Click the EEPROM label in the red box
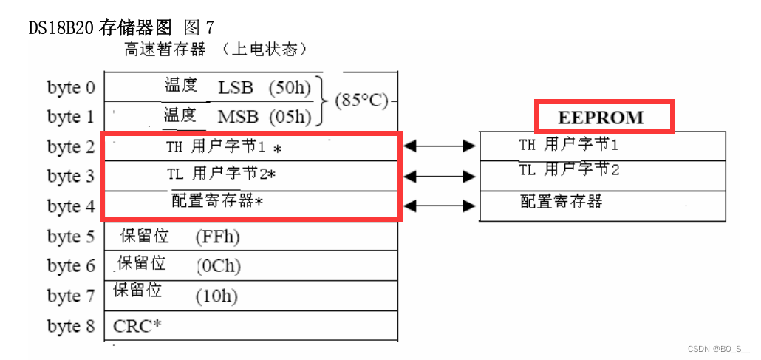601,118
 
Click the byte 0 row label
71,87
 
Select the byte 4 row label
71,206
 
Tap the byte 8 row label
71,326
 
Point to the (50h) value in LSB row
290,87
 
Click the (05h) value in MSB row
290,117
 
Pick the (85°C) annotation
361,100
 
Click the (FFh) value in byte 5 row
218,237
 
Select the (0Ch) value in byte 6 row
219,266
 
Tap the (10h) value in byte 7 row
216,296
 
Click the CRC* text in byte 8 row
137,326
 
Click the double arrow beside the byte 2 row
440,146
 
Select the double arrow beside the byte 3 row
440,177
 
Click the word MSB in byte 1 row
238,117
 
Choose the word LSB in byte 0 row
236,87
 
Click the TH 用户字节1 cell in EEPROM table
568,144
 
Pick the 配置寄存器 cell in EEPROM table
562,201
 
